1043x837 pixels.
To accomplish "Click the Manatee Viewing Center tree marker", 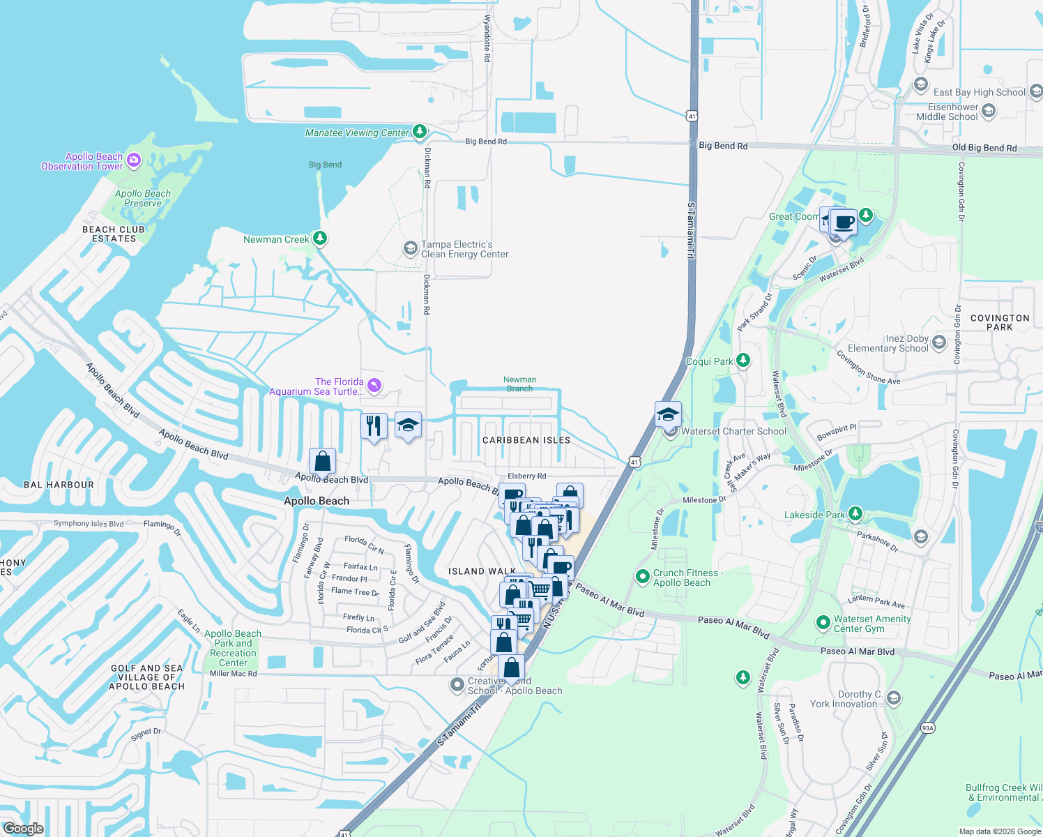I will (x=419, y=131).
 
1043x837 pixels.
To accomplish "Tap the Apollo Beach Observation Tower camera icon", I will (x=134, y=160).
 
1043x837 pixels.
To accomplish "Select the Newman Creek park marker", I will (x=320, y=239).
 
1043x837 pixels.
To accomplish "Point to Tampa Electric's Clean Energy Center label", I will (x=464, y=249).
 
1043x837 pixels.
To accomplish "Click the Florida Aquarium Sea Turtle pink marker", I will (x=375, y=386).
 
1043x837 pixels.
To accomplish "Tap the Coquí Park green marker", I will (x=743, y=361).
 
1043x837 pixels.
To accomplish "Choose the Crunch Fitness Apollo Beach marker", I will (x=642, y=577).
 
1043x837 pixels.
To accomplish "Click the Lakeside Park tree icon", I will (x=855, y=514).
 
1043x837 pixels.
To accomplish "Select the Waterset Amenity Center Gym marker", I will (x=823, y=621).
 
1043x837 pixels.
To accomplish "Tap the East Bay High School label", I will (x=979, y=92).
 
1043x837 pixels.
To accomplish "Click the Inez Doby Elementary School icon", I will (x=938, y=342).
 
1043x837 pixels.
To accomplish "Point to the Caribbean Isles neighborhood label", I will (x=526, y=440).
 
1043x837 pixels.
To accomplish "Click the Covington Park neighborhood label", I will (x=999, y=322).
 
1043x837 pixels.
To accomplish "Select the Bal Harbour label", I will (x=59, y=485).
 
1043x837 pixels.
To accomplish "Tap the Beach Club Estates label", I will (x=114, y=234).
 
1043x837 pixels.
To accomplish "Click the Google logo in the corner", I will (x=23, y=829).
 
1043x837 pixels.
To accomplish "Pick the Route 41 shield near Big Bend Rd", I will (x=692, y=116).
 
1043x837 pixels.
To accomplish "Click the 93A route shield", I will (x=927, y=728).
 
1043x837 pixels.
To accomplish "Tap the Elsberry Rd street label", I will (x=526, y=476).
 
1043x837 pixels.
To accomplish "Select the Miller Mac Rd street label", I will (x=233, y=674).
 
